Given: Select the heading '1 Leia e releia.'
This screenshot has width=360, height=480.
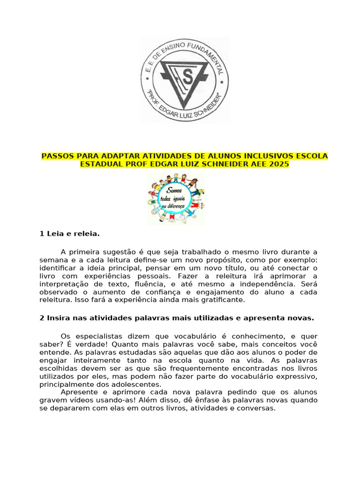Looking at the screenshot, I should click(x=70, y=233).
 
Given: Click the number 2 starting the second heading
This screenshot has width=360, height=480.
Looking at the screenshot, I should click(x=42, y=318).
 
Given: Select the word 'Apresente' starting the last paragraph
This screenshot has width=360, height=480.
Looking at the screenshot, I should click(x=78, y=392).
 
